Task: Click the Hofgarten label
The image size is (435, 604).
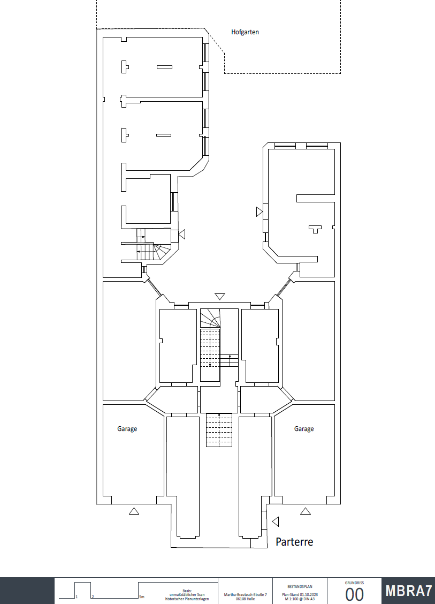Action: tap(245, 32)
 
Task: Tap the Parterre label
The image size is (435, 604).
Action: tap(294, 541)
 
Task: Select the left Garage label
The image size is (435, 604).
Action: tap(127, 429)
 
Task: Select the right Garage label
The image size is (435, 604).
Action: tap(304, 429)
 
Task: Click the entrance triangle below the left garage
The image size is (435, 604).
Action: tap(134, 511)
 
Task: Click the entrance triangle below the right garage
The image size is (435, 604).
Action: tap(306, 511)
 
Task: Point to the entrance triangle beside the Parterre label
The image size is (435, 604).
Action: tap(276, 521)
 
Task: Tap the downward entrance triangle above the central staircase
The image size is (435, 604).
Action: tap(220, 297)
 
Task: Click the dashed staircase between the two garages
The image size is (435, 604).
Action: tap(219, 430)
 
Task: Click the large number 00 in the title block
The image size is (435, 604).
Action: tap(355, 594)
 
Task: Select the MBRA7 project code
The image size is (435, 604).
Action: tap(409, 591)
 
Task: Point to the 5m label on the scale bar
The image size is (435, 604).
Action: tap(142, 597)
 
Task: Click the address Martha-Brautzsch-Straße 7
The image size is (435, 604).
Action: tap(246, 594)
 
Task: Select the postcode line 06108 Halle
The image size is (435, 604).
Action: tap(245, 599)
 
